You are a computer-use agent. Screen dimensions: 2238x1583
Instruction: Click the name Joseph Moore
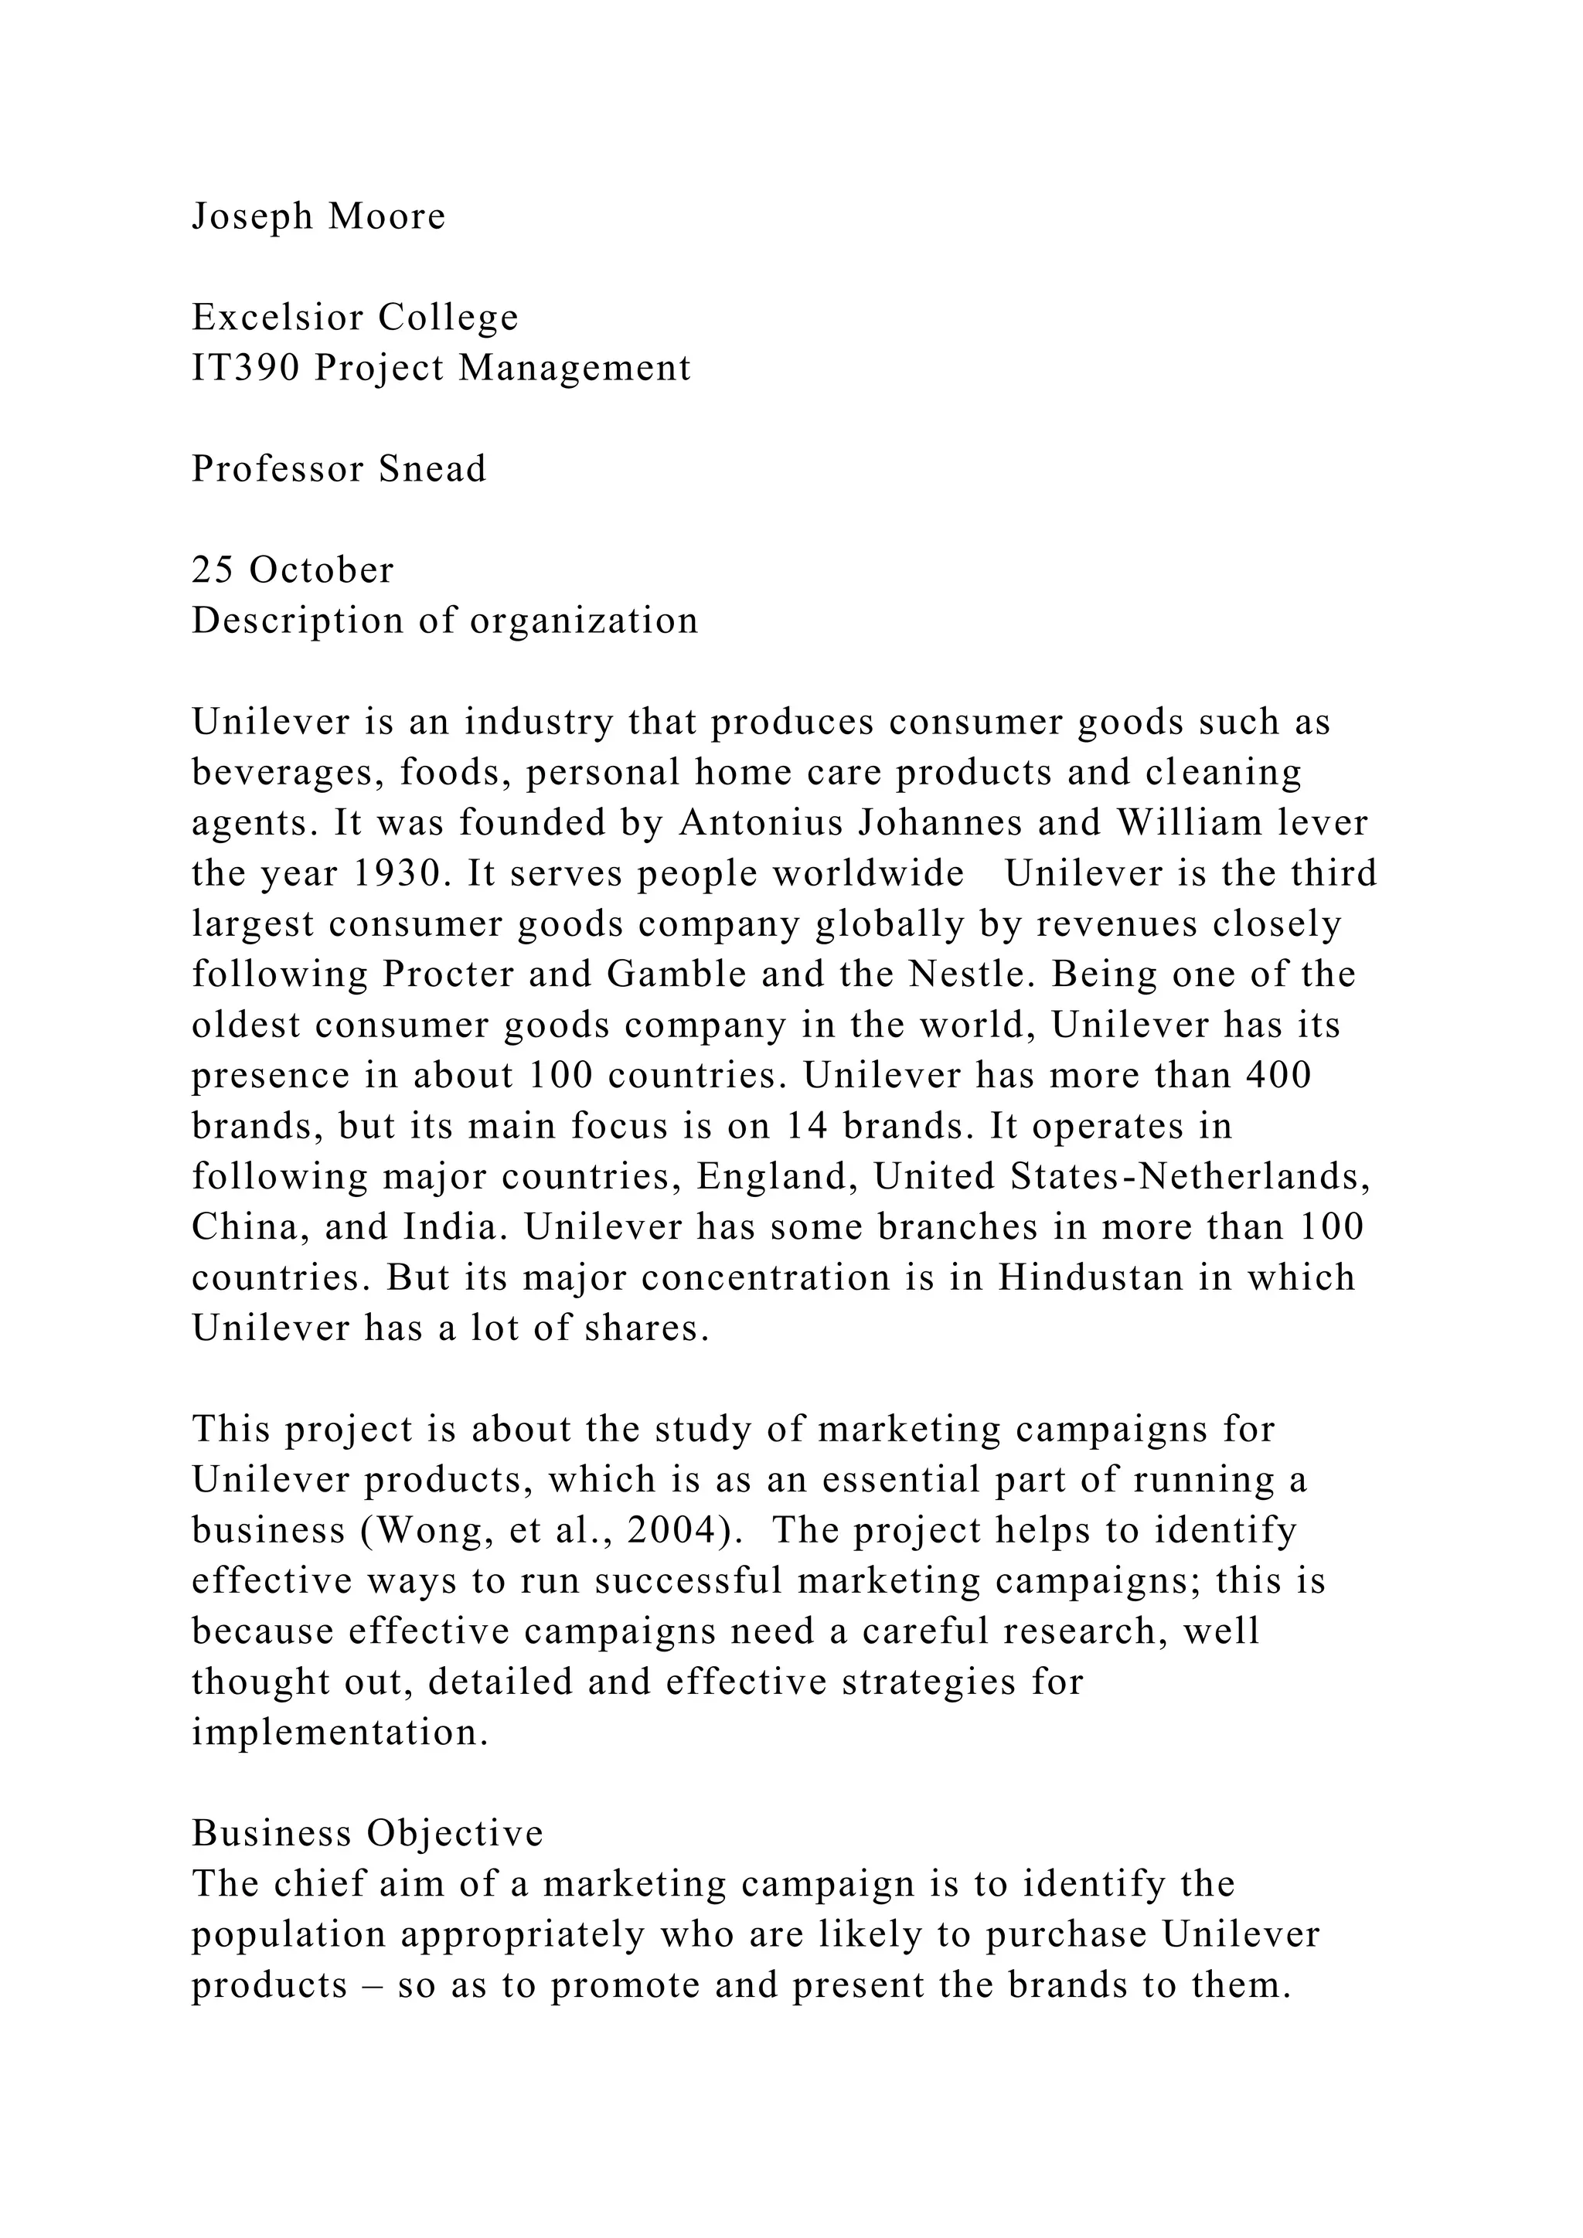[318, 216]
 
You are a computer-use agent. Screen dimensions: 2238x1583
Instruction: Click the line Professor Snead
[339, 470]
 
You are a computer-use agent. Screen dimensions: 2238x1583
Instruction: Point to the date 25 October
[292, 570]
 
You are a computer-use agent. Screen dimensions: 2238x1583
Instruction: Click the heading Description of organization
[444, 621]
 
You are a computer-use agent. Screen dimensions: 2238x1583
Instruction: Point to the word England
[777, 1176]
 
